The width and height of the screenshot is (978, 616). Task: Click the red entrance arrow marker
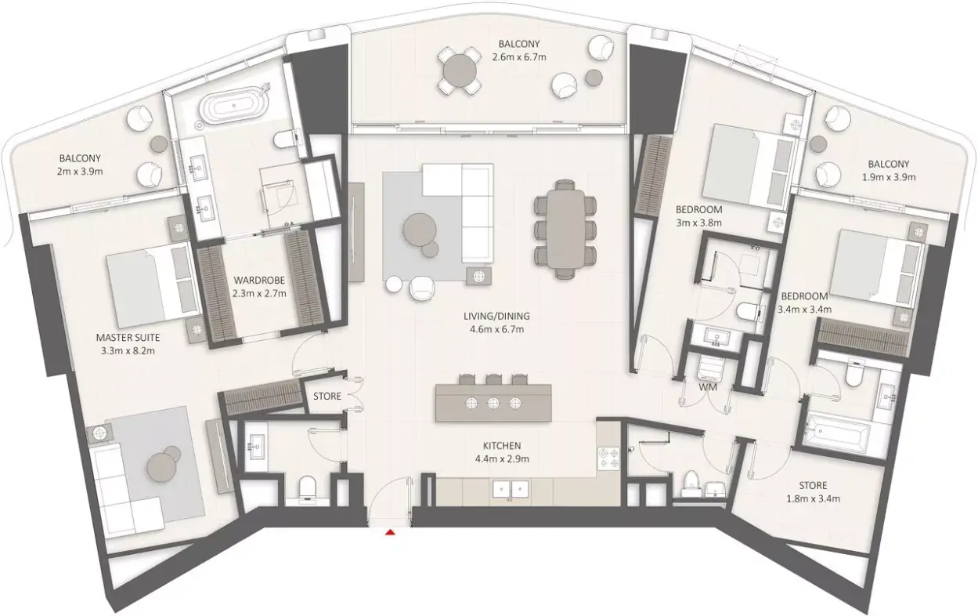pyautogui.click(x=389, y=532)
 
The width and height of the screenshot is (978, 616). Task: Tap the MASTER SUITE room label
pyautogui.click(x=128, y=337)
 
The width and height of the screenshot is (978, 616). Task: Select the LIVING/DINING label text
pyautogui.click(x=497, y=316)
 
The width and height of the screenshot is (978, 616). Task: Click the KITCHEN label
pyautogui.click(x=502, y=446)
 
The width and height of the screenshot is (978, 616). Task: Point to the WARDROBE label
pyautogui.click(x=259, y=280)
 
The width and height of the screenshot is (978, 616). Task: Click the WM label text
pyautogui.click(x=708, y=386)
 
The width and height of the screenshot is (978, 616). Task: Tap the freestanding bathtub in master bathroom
pyautogui.click(x=233, y=106)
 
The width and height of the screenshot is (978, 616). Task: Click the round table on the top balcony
pyautogui.click(x=459, y=70)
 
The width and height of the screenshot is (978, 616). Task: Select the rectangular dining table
pyautogui.click(x=565, y=229)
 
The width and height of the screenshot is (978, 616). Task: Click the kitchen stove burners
pyautogui.click(x=608, y=458)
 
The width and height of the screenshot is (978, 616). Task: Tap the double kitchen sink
pyautogui.click(x=511, y=489)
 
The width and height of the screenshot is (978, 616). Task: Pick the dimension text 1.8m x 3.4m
pyautogui.click(x=814, y=498)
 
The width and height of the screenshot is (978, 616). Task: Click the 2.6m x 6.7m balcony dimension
pyautogui.click(x=519, y=56)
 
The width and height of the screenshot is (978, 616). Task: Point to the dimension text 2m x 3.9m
pyautogui.click(x=80, y=172)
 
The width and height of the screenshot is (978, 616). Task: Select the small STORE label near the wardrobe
pyautogui.click(x=327, y=396)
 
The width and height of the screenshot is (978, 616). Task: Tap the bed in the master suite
pyautogui.click(x=153, y=284)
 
